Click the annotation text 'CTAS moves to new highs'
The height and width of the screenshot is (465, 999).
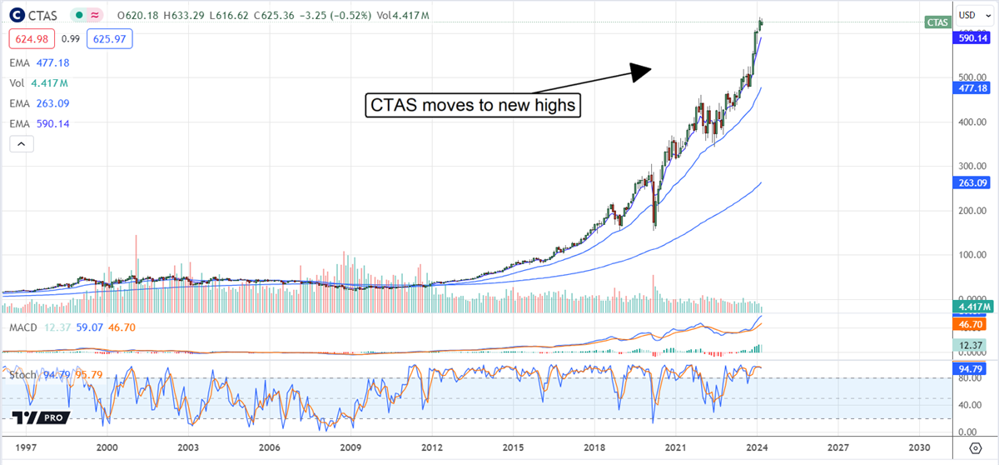click(x=472, y=106)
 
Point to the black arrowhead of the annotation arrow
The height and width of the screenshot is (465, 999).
click(x=640, y=72)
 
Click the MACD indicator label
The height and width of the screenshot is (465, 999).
click(x=22, y=327)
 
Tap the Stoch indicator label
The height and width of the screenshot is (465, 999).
click(x=22, y=375)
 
